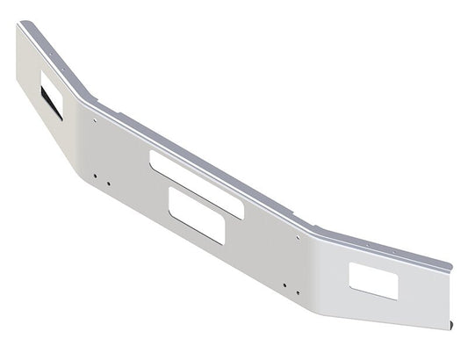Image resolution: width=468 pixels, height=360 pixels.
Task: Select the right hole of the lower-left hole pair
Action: (107, 184)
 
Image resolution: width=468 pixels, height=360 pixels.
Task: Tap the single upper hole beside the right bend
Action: (300, 236)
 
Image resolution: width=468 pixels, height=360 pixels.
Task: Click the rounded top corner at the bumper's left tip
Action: (19, 25)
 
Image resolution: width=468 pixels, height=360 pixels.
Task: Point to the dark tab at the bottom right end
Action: (453, 326)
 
